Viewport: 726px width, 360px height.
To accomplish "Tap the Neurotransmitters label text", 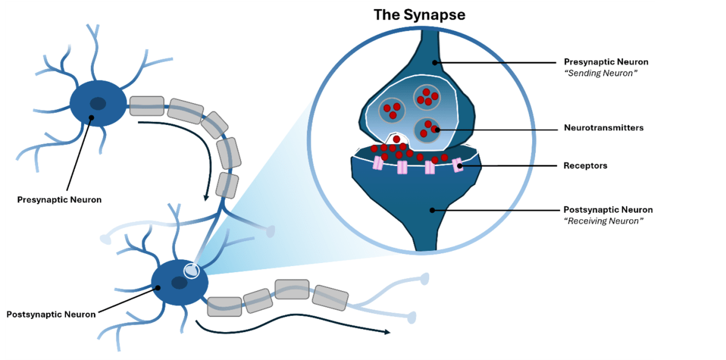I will tap(604, 128).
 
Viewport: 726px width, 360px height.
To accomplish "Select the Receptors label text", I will tap(585, 165).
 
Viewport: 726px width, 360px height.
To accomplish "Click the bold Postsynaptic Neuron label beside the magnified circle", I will tap(608, 210).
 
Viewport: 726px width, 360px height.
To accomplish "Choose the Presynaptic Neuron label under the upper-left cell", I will tap(59, 199).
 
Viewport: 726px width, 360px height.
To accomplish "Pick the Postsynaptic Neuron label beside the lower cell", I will tap(51, 315).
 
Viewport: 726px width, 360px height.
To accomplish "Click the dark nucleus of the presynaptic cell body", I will tap(98, 104).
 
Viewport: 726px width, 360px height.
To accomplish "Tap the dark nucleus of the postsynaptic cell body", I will tap(179, 282).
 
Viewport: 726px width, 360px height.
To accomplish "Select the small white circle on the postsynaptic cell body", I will tap(191, 270).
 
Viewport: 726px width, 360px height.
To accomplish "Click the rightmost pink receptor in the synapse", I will tap(458, 165).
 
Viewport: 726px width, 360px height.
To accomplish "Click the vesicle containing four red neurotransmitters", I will tap(427, 97).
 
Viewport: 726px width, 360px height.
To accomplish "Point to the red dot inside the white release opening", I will tap(396, 139).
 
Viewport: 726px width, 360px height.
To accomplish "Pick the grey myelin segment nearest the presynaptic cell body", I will tap(147, 105).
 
